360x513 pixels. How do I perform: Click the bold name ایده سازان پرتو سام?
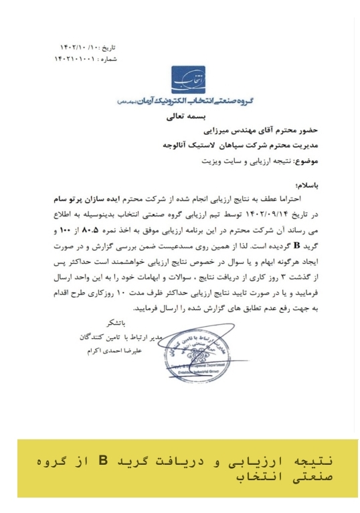click(88, 200)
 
